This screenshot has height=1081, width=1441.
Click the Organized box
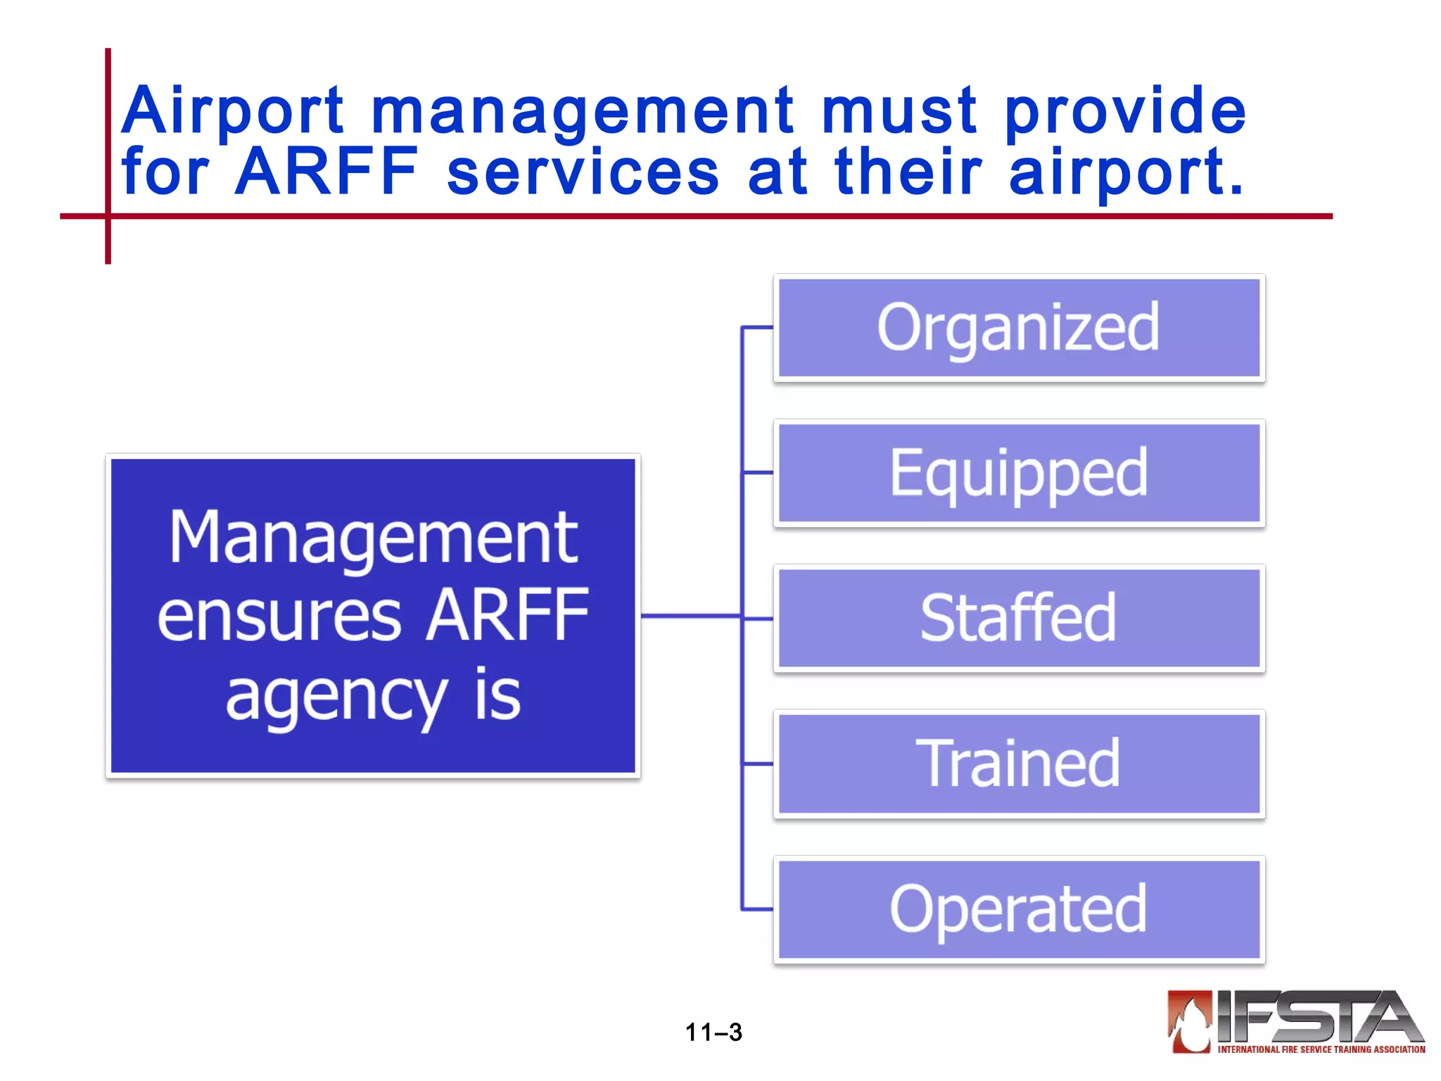pos(1019,328)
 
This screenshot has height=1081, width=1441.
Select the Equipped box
pos(1019,473)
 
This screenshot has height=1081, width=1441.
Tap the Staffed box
pos(1019,618)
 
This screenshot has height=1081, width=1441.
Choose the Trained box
pos(1019,764)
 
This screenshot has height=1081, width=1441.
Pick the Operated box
pos(1019,909)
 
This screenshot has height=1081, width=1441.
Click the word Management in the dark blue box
pos(373,538)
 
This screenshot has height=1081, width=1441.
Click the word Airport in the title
pos(232,111)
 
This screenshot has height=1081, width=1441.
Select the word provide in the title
pos(1124,111)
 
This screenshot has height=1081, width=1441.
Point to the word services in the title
pos(583,172)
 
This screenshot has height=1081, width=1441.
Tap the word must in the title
pos(899,111)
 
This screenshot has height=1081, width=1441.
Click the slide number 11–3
pos(713,1032)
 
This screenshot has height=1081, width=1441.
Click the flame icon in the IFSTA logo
pos(1190,1022)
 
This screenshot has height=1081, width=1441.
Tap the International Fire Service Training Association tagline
pos(1321,1049)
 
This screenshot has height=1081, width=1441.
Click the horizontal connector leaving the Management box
pos(690,616)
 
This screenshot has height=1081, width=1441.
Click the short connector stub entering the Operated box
pos(758,909)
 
